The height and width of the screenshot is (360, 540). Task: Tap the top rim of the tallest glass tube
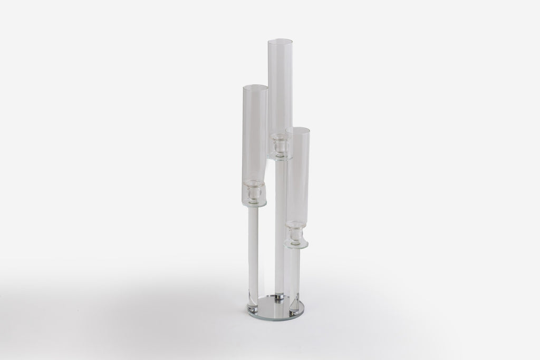[280, 40]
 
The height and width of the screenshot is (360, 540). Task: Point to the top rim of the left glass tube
[255, 85]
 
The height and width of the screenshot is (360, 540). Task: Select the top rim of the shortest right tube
[297, 128]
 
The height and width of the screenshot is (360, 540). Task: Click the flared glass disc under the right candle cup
[296, 243]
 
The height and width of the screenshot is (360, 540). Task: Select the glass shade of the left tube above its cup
[255, 132]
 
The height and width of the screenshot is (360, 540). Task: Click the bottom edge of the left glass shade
[255, 204]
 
